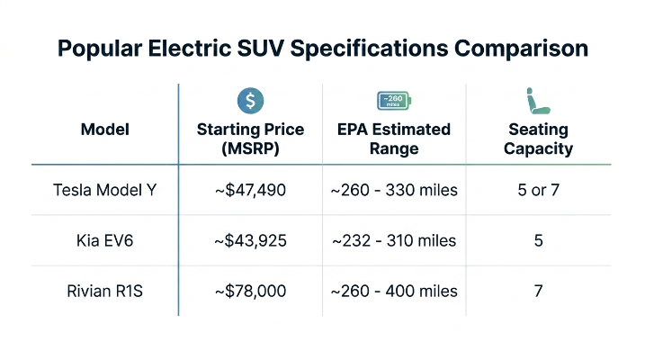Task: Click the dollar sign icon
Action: [250, 101]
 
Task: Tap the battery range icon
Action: [394, 101]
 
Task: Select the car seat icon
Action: [538, 101]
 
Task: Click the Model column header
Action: [105, 130]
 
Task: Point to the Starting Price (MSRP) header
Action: [250, 139]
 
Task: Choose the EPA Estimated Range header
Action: [394, 139]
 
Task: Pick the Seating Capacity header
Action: [538, 139]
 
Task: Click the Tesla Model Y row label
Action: [105, 190]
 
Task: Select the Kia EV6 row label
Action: [105, 240]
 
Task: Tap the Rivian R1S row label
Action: [105, 292]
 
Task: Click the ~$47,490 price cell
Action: [250, 190]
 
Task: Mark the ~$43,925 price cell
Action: [250, 240]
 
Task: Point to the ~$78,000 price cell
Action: [250, 292]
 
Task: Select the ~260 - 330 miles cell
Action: [394, 190]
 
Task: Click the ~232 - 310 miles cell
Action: [394, 240]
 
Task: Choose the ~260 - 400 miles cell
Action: [394, 292]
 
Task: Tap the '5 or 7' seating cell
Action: [539, 190]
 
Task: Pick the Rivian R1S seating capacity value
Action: [539, 292]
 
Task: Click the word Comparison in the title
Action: [521, 49]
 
